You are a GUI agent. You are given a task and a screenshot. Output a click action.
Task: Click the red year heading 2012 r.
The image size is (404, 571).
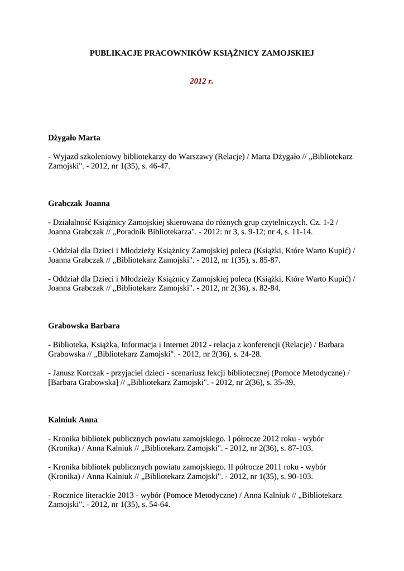(201, 81)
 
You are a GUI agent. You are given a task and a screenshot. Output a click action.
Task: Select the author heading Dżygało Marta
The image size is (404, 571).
(74, 137)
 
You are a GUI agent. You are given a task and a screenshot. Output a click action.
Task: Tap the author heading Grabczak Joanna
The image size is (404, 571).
(79, 204)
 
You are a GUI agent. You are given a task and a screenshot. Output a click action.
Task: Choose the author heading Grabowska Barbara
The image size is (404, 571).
(84, 325)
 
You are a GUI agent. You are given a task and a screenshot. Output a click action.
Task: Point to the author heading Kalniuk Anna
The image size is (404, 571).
(73, 419)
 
